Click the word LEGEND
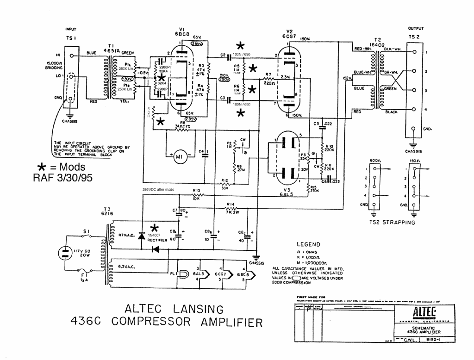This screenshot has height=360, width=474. pyautogui.click(x=310, y=244)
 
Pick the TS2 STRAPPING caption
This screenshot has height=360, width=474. pyautogui.click(x=392, y=222)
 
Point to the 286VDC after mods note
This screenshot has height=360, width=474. pyautogui.click(x=160, y=190)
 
